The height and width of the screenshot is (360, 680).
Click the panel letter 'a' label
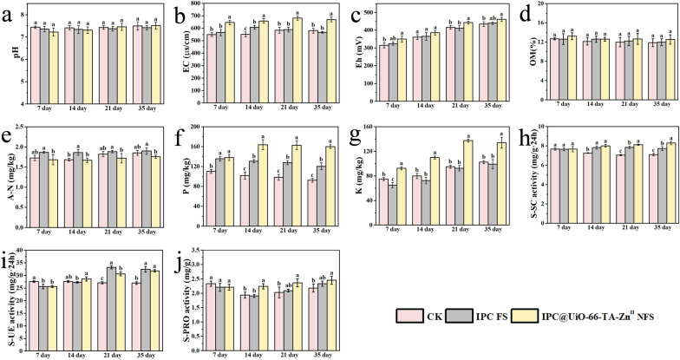[x=10, y=12]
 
